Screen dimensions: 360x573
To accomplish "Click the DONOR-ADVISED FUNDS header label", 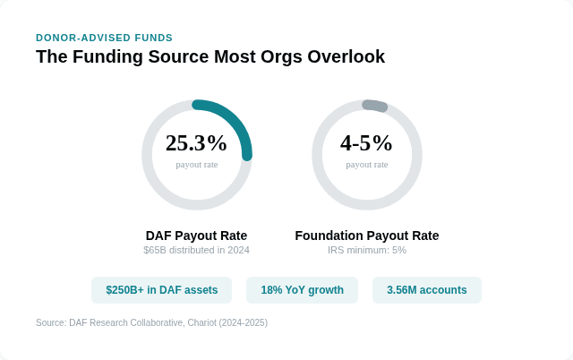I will pyautogui.click(x=104, y=38).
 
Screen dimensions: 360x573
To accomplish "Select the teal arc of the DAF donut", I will pyautogui.click(x=235, y=123).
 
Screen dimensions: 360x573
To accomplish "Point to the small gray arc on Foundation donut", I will pyautogui.click(x=375, y=106).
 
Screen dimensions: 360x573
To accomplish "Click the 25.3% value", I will pyautogui.click(x=196, y=143).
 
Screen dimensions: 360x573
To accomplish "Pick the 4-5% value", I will pyautogui.click(x=366, y=143).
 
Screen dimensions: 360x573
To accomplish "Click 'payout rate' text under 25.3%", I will pyautogui.click(x=196, y=164).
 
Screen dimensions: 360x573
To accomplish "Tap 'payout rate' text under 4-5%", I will pyautogui.click(x=366, y=164).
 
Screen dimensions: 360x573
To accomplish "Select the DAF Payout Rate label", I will pyautogui.click(x=196, y=236).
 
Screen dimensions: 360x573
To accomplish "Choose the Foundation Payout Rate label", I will pyautogui.click(x=366, y=236).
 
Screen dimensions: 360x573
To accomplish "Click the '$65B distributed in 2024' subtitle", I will pyautogui.click(x=196, y=250).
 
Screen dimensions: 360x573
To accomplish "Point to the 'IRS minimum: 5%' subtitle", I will pyautogui.click(x=366, y=250).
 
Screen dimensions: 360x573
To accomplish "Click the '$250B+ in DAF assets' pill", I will pyautogui.click(x=161, y=290).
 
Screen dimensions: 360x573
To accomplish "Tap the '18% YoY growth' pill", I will pyautogui.click(x=302, y=290).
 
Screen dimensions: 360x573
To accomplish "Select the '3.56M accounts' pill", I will pyautogui.click(x=426, y=290).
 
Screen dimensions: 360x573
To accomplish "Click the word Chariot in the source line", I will pyautogui.click(x=200, y=322).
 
